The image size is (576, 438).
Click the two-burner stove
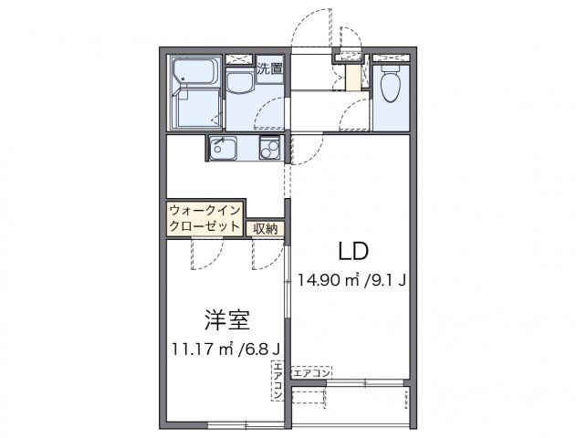tap(268, 149)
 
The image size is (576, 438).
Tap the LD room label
tap(354, 252)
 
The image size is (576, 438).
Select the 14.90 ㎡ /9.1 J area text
tap(351, 280)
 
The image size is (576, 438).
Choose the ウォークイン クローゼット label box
tap(204, 219)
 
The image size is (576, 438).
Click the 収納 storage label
tap(266, 228)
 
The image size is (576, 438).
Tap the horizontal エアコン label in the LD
tap(312, 371)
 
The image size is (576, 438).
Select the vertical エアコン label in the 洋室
tap(278, 382)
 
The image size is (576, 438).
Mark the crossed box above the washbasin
tap(239, 58)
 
